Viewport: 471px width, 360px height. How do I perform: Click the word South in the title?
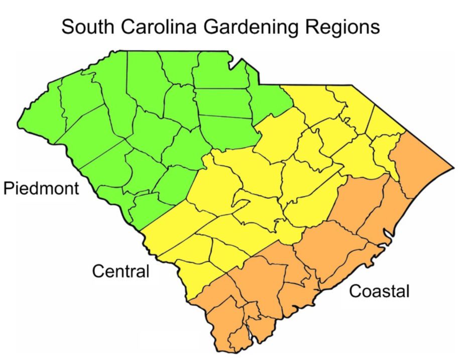[86, 27]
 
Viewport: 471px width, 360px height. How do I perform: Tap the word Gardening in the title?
[251, 28]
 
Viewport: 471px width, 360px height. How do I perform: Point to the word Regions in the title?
[341, 28]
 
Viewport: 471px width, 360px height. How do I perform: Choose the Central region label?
[121, 272]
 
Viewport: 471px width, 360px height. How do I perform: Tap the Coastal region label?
[379, 291]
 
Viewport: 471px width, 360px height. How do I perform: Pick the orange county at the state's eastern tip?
[419, 161]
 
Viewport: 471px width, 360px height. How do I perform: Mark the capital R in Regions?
[310, 27]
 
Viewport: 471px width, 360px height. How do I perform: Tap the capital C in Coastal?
[355, 291]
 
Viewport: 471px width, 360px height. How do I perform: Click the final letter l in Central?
[148, 271]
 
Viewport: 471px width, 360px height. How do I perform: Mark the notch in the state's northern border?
[230, 62]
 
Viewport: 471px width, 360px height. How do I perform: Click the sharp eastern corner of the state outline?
[453, 167]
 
